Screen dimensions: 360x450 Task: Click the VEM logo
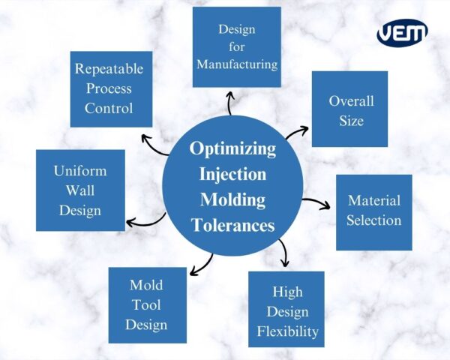click(403, 33)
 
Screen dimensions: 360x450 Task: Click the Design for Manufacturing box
click(237, 46)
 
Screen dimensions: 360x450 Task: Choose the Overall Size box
click(350, 109)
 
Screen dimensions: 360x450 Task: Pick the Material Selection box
click(373, 211)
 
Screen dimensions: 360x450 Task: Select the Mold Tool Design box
click(147, 304)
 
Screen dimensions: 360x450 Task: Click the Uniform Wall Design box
click(79, 190)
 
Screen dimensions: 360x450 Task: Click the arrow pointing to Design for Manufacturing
click(230, 103)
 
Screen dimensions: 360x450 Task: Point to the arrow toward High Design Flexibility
click(282, 253)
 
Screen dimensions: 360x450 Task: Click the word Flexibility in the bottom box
click(287, 331)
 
